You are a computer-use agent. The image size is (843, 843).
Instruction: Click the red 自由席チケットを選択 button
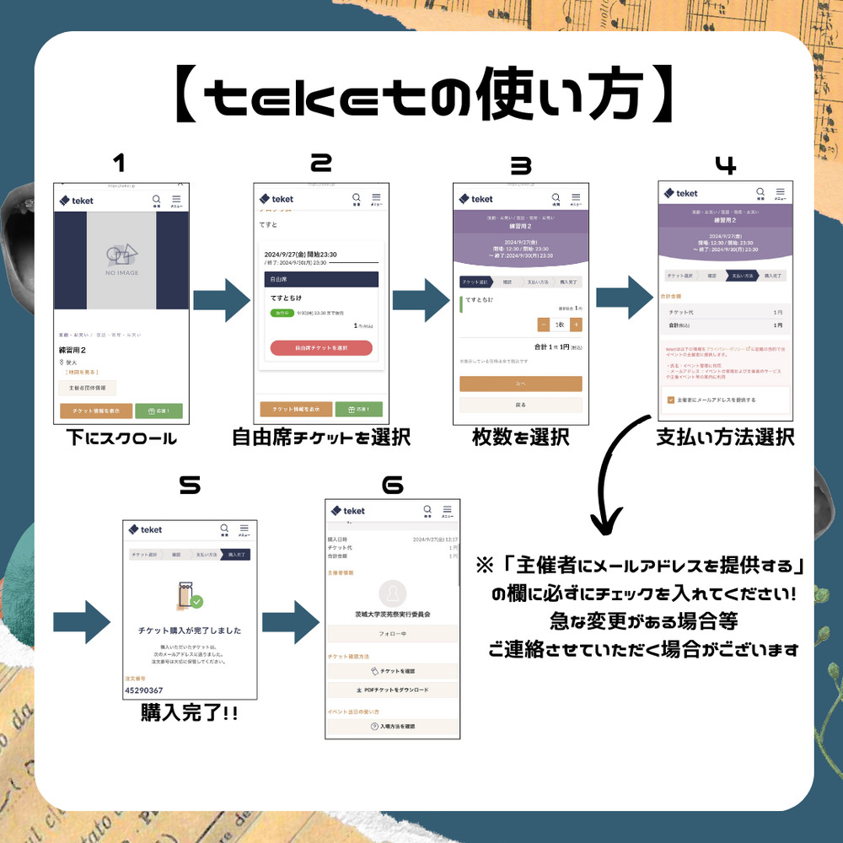point(321,348)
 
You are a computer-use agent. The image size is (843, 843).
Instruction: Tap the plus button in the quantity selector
point(576,325)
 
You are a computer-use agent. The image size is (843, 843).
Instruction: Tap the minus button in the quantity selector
point(544,325)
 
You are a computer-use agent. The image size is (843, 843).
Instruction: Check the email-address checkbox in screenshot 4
point(670,400)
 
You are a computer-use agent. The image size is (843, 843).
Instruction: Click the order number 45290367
point(143,690)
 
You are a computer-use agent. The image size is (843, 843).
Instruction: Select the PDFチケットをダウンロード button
point(393,690)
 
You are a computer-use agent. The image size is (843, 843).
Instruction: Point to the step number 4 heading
point(725,166)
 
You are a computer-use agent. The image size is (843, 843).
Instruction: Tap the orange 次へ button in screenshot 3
point(520,384)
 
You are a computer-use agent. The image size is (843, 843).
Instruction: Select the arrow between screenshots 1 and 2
point(222,299)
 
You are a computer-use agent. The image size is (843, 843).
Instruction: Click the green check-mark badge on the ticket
point(196,602)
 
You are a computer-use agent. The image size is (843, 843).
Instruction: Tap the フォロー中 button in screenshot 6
point(393,634)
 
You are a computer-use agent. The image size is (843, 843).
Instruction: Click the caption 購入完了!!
point(189,714)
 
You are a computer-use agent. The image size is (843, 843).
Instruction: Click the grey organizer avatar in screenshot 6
point(393,592)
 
